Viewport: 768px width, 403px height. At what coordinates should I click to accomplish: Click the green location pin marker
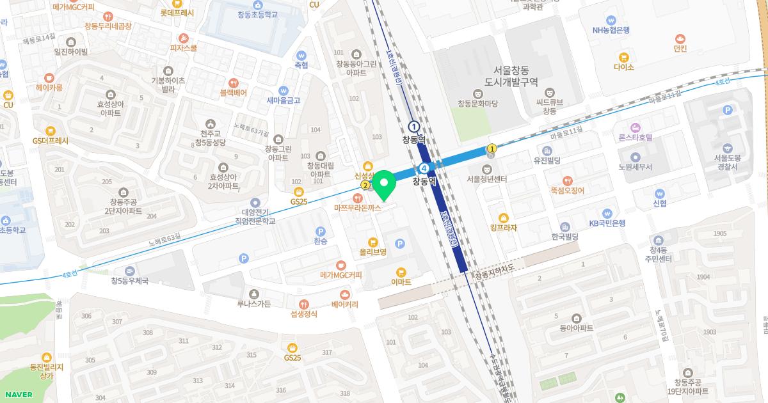tap(384, 186)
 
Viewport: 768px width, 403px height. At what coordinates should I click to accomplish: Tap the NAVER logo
tap(18, 395)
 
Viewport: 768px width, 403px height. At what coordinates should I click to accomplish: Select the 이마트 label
tap(401, 281)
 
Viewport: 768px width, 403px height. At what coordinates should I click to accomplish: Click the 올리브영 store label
tap(373, 252)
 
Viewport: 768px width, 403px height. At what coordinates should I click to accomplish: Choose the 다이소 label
tap(623, 67)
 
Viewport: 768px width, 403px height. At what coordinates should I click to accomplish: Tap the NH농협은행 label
tap(612, 29)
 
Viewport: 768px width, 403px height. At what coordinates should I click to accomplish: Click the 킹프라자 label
tap(503, 227)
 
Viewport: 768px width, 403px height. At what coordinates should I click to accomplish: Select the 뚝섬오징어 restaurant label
tap(567, 190)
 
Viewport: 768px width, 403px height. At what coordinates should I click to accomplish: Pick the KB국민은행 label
tap(607, 223)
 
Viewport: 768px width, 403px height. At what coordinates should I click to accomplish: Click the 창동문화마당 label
tap(477, 103)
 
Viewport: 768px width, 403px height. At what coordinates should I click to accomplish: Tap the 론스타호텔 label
tap(635, 137)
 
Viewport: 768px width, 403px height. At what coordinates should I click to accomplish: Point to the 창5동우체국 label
tap(130, 280)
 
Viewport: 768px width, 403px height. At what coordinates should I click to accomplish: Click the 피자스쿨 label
tap(184, 47)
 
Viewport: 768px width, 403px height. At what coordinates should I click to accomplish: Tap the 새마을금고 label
tap(284, 100)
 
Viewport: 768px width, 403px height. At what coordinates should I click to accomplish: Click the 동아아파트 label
tap(576, 328)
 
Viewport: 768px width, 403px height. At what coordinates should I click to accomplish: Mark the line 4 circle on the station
tap(424, 168)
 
